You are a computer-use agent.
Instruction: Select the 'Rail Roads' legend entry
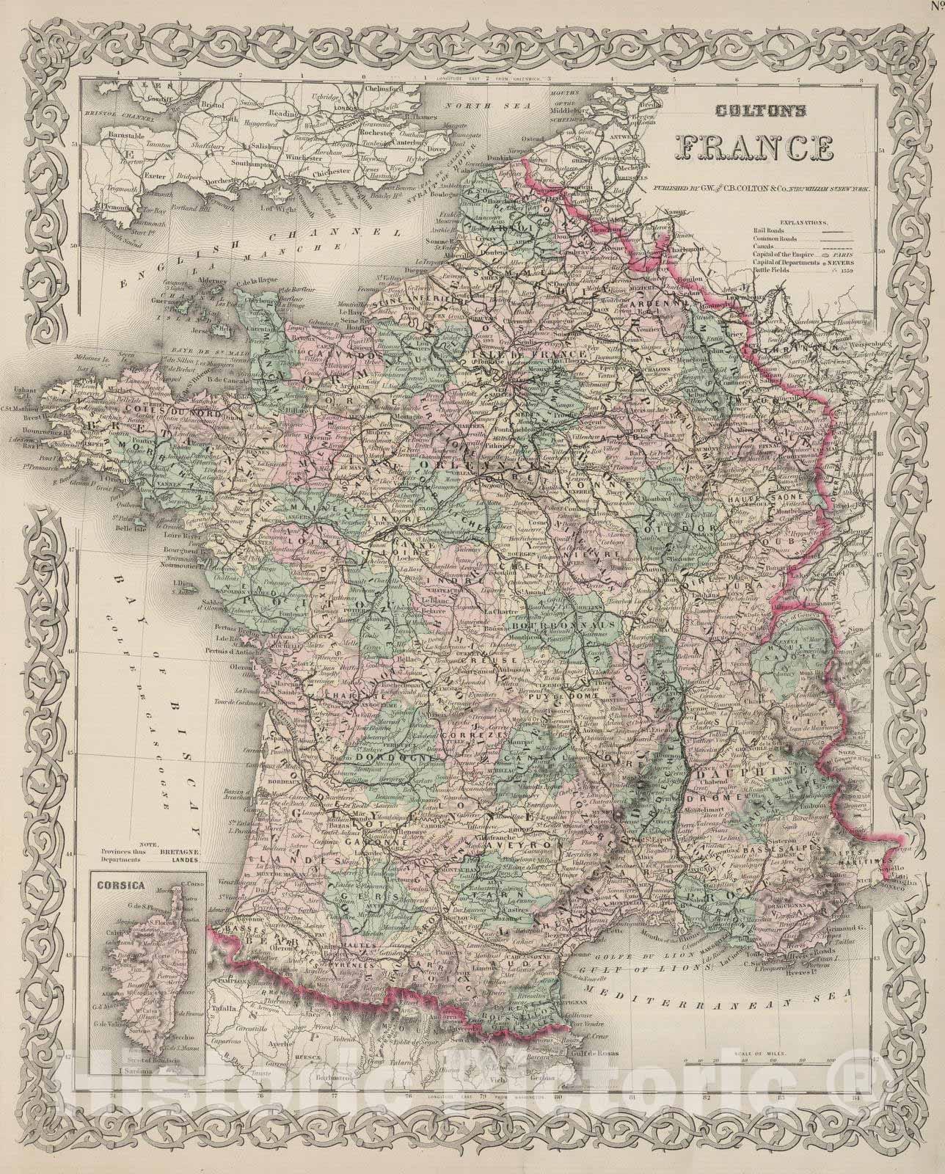click(766, 230)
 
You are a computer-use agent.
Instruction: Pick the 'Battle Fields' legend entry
click(771, 269)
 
